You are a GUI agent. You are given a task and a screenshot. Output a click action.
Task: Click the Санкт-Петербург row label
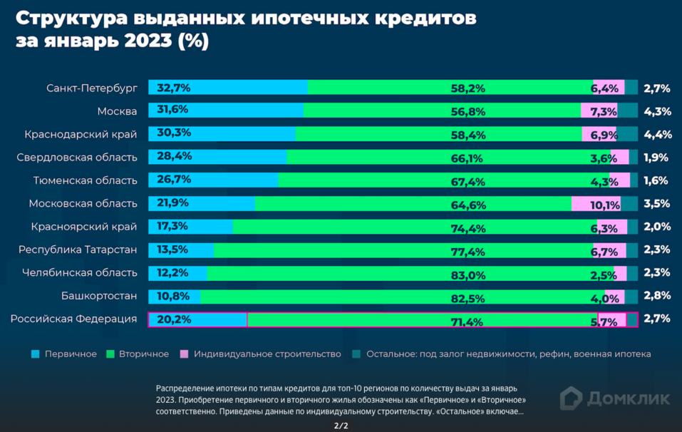[x=91, y=88]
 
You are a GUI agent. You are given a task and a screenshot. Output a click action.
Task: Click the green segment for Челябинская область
[x=410, y=273]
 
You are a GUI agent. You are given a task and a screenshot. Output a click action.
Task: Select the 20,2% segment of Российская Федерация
[x=197, y=319]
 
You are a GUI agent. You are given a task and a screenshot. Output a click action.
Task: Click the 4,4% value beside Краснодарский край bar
[x=656, y=134]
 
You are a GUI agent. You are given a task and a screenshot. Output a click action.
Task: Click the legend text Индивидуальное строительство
[x=267, y=354]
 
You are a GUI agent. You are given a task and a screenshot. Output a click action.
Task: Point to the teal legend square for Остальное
[x=356, y=354]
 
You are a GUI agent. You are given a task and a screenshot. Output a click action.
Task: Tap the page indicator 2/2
[x=341, y=426]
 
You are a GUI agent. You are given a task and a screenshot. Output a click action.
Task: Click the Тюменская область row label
[x=85, y=180]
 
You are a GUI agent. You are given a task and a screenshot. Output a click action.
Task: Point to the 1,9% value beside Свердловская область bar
[x=656, y=158]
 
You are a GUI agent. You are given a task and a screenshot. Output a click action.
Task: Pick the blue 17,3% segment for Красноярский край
[x=190, y=227]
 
